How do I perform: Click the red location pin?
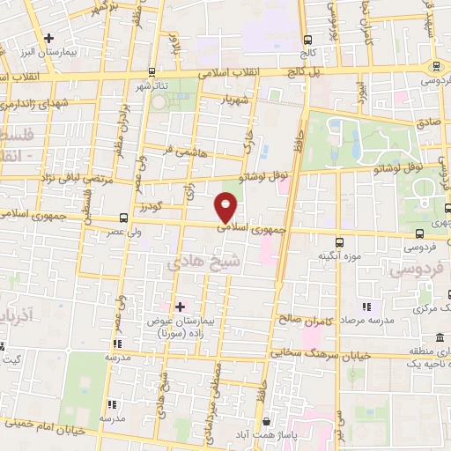(x=227, y=207)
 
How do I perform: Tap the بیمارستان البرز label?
(x=73, y=52)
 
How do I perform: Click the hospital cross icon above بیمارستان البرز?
(x=48, y=38)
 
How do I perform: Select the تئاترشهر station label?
(x=151, y=86)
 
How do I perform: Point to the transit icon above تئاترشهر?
(x=152, y=71)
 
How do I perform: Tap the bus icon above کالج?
(x=307, y=40)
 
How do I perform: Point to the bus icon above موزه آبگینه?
(x=339, y=240)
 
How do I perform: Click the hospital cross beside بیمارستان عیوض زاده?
(x=180, y=307)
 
